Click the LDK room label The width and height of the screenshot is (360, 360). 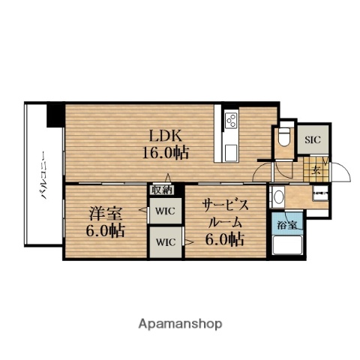click(x=165, y=136)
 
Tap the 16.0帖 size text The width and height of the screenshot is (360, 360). click(x=165, y=152)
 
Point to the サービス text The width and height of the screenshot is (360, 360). click(x=226, y=205)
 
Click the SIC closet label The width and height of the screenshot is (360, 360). click(x=313, y=139)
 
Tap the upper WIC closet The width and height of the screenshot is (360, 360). click(x=166, y=211)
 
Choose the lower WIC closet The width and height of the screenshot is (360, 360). click(x=166, y=242)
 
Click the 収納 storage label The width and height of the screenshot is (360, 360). click(x=163, y=190)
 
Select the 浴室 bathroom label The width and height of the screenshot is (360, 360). click(x=286, y=225)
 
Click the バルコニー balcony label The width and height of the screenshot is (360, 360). click(x=43, y=175)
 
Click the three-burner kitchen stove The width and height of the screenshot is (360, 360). click(x=231, y=121)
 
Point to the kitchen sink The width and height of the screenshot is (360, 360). click(x=231, y=152)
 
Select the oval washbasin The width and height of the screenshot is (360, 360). click(x=278, y=196)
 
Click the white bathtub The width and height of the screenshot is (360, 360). click(x=287, y=245)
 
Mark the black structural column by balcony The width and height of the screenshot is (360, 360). click(x=55, y=115)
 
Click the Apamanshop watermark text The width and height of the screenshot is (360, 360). click(x=180, y=324)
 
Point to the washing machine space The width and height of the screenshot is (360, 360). click(x=321, y=193)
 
